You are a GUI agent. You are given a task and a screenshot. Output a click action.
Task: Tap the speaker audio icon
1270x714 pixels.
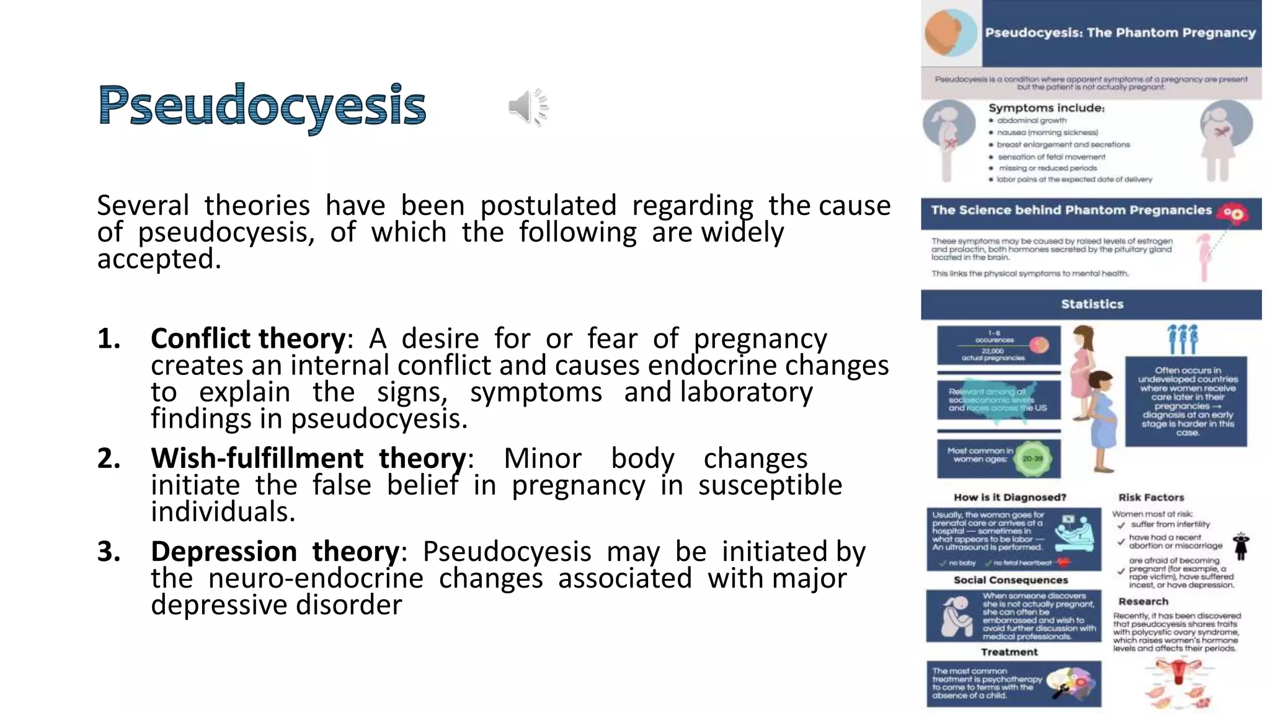coord(528,107)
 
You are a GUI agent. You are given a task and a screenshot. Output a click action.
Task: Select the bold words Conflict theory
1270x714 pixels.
coord(248,339)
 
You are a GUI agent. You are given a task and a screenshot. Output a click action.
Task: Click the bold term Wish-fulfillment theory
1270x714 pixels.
coord(308,459)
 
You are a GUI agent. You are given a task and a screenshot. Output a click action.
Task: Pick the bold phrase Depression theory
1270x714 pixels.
coord(275,552)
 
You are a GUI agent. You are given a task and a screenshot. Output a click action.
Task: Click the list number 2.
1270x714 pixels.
coord(109,459)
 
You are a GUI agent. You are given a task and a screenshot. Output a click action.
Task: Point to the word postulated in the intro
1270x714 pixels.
coord(548,206)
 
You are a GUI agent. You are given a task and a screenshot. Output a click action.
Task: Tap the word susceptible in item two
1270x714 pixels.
coord(770,485)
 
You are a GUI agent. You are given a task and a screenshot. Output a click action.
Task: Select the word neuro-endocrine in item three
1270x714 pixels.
coord(316,578)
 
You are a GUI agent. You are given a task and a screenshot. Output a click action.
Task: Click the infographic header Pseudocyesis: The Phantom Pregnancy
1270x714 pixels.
coord(1120,33)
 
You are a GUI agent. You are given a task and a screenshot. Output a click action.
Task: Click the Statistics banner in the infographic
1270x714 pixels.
coord(1091,304)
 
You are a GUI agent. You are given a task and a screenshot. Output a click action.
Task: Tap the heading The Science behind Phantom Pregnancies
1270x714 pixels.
coord(1071,210)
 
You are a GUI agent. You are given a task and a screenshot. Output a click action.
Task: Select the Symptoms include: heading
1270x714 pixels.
coord(1046,108)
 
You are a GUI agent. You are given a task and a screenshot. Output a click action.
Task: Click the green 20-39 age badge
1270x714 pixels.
coord(1032,459)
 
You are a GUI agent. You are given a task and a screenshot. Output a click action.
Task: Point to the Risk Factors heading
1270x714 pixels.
coord(1151,498)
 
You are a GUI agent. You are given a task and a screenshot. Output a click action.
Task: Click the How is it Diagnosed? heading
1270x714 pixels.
coord(1010,498)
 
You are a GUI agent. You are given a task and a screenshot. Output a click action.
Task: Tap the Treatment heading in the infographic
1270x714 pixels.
coord(1009,652)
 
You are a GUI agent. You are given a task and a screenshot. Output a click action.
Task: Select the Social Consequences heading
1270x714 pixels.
coord(1011,580)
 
